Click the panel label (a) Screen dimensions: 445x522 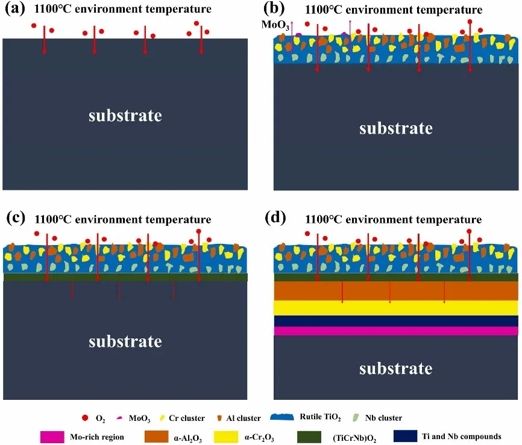coord(14,9)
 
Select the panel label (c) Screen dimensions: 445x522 coord(14,220)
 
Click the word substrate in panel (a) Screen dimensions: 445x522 coord(125,115)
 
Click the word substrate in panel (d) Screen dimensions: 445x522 coord(395,367)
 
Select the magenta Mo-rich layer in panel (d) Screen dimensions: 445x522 coord(395,331)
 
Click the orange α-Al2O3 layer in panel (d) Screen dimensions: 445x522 coord(395,291)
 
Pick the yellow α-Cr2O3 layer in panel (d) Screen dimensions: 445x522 coord(395,308)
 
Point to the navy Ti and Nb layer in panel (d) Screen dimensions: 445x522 coord(395,321)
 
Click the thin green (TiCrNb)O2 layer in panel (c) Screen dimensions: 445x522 coord(125,277)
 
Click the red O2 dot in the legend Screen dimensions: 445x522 coord(84,417)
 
